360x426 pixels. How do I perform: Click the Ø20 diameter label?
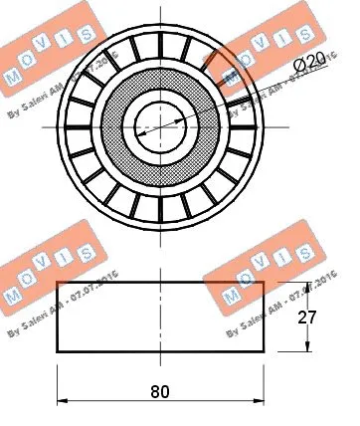click(x=311, y=64)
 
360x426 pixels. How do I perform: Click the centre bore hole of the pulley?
click(x=159, y=124)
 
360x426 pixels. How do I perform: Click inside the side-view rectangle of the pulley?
click(x=159, y=316)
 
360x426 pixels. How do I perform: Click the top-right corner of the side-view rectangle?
click(x=263, y=282)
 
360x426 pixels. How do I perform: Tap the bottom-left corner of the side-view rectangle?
click(x=58, y=350)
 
